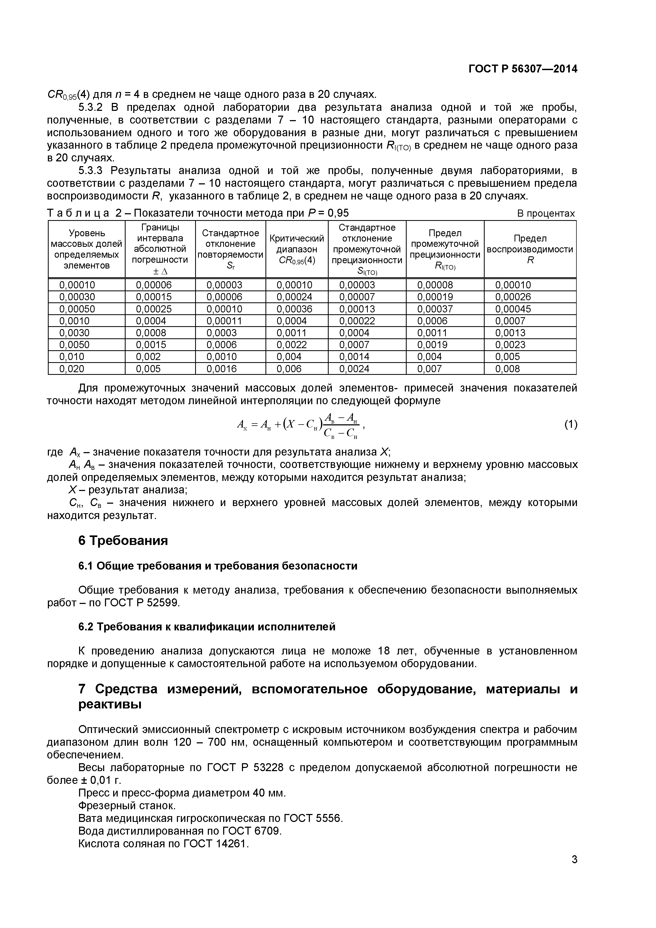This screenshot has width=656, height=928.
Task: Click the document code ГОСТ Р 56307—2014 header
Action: coord(523,69)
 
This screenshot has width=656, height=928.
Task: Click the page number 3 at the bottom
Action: coord(574,871)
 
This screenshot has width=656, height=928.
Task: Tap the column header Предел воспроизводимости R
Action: coord(530,249)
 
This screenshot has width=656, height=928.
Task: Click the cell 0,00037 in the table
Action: coord(435,309)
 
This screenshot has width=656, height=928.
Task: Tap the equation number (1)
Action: coord(570,424)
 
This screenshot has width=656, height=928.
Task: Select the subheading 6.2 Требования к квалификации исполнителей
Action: coord(207,626)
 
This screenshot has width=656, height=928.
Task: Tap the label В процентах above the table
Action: coord(546,213)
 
